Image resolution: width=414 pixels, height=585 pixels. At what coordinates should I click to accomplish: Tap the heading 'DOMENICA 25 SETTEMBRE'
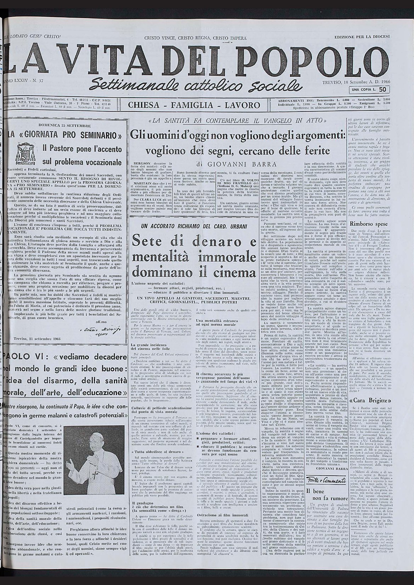point(67,125)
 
